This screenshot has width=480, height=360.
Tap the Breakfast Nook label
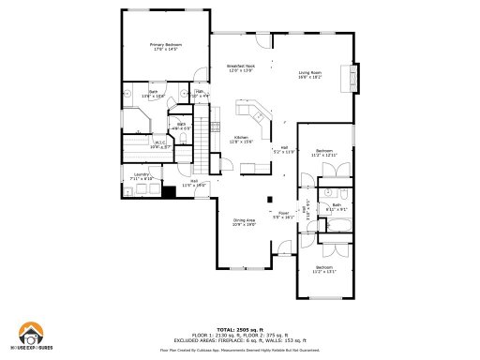(x=240, y=68)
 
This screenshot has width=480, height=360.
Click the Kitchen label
(x=241, y=139)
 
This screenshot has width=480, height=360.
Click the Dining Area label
(x=244, y=221)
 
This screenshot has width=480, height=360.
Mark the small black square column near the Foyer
(x=269, y=198)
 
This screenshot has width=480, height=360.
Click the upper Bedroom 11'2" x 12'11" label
(x=324, y=152)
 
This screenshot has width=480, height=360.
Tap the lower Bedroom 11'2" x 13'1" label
(x=324, y=269)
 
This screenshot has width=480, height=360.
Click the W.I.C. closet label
(x=158, y=144)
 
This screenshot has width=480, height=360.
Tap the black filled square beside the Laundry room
(x=169, y=192)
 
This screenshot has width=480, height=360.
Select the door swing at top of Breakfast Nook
(x=264, y=40)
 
